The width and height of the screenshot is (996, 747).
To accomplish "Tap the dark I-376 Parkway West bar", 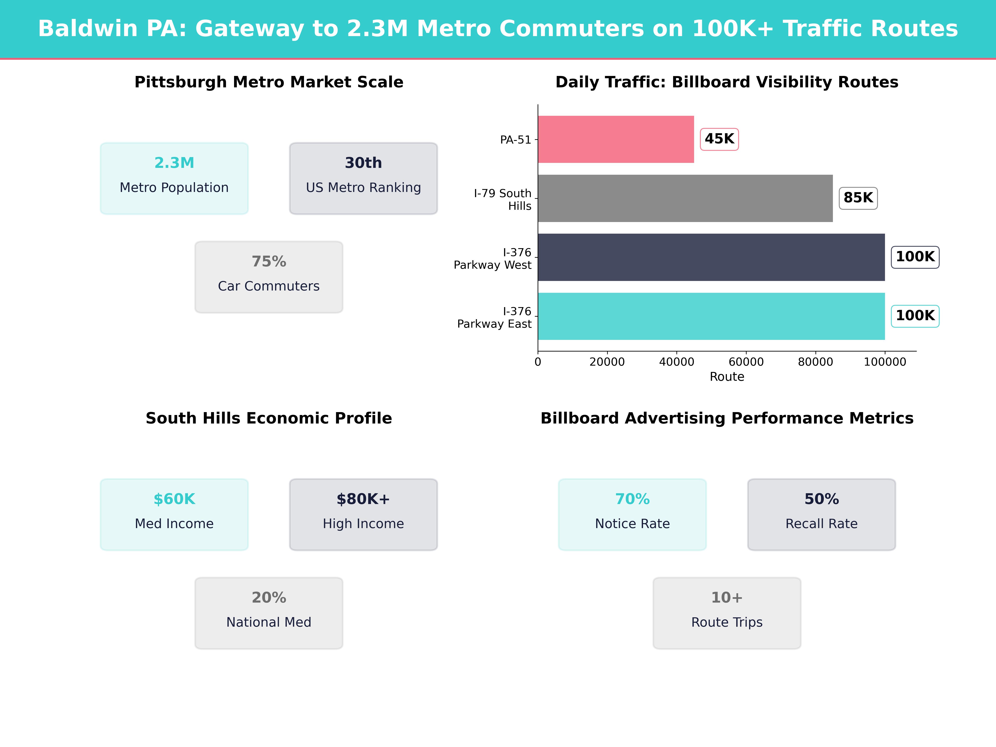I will click(711, 257).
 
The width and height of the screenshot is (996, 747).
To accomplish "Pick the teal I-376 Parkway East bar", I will click(711, 316).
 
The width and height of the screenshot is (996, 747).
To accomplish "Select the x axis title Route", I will click(727, 377).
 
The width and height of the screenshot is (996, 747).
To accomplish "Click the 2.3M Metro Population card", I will click(174, 178).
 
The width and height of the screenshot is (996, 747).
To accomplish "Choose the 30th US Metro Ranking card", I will click(363, 178).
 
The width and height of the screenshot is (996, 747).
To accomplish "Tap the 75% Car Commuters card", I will click(269, 277).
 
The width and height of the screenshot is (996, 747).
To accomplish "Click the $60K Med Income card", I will click(174, 514).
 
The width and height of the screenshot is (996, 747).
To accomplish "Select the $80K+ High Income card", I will click(363, 514).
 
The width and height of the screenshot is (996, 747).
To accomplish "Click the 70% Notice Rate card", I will click(632, 514).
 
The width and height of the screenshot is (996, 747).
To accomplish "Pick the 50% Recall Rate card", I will click(821, 514).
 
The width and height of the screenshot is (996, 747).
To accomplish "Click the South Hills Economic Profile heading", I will click(269, 418).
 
